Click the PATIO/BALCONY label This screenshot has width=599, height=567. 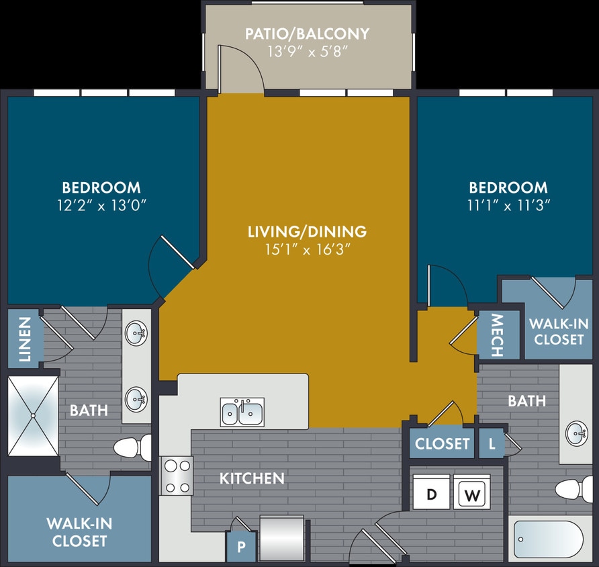point(308,33)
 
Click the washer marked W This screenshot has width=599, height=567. point(472,496)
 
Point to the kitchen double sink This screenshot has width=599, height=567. point(242,411)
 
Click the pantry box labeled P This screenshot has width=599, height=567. point(241,548)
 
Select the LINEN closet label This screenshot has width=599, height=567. point(25,339)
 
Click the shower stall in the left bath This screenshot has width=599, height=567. point(33,416)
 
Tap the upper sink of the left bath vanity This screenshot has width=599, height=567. point(137,333)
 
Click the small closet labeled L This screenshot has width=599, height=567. point(492,443)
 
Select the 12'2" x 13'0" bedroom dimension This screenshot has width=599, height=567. point(101,206)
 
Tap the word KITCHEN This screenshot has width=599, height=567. point(252,478)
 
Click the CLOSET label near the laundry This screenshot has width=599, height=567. point(442,443)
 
